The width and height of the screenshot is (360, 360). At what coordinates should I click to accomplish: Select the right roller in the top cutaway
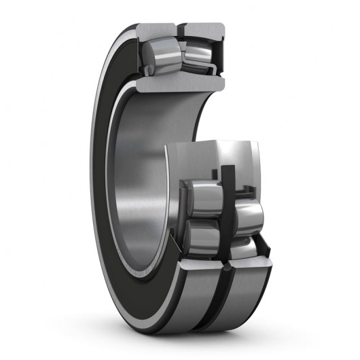[x=198, y=54]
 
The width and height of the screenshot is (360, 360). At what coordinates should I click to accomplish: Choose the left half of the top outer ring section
[x=156, y=31]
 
